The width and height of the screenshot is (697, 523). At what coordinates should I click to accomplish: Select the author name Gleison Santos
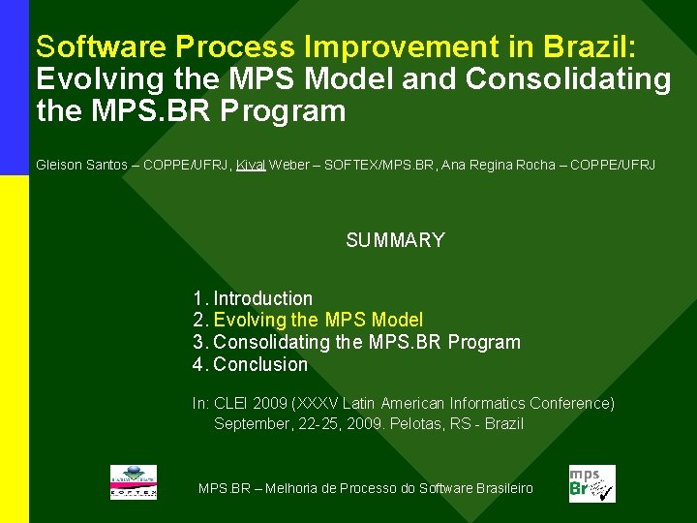click(x=81, y=166)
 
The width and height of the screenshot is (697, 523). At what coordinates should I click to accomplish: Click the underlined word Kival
click(x=251, y=166)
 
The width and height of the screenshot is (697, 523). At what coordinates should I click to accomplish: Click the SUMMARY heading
click(x=395, y=240)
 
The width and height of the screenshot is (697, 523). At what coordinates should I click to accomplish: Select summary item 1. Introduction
click(x=253, y=298)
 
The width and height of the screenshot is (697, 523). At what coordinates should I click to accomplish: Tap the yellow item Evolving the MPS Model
click(x=318, y=320)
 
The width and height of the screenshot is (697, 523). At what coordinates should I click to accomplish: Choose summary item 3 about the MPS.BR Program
click(x=356, y=342)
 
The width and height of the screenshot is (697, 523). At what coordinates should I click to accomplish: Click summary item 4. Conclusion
click(x=250, y=364)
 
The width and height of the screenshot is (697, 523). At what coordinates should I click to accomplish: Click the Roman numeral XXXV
click(x=310, y=403)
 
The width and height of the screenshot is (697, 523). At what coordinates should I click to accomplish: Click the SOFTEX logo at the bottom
click(x=133, y=482)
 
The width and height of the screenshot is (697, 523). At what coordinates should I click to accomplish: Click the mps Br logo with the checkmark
click(x=591, y=483)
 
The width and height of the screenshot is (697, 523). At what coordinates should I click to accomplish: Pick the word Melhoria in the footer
click(x=294, y=488)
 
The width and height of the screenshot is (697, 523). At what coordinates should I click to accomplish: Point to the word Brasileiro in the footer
click(x=503, y=488)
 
